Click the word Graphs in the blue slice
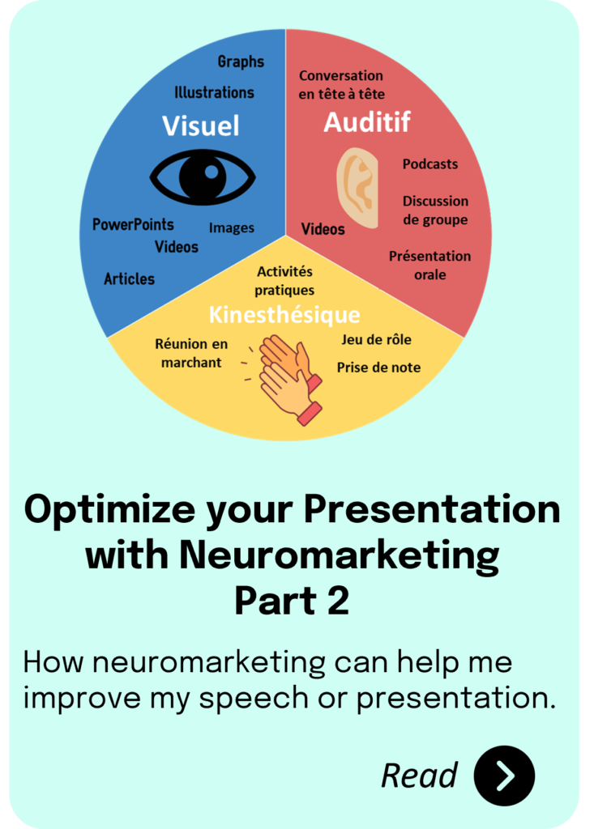pyautogui.click(x=241, y=62)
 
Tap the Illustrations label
pyautogui.click(x=215, y=92)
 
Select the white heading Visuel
pyautogui.click(x=201, y=125)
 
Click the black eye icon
pyautogui.click(x=203, y=177)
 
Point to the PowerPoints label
pyautogui.click(x=133, y=224)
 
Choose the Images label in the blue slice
pyautogui.click(x=231, y=227)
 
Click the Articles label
pyautogui.click(x=129, y=278)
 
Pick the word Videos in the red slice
pyautogui.click(x=323, y=229)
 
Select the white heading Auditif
pyautogui.click(x=367, y=122)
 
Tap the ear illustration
pyautogui.click(x=358, y=188)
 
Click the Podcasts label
pyautogui.click(x=429, y=164)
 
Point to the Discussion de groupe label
pyautogui.click(x=435, y=210)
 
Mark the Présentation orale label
pyautogui.click(x=429, y=266)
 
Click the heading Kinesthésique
pyautogui.click(x=284, y=315)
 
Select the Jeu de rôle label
pyautogui.click(x=376, y=339)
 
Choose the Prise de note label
pyautogui.click(x=378, y=368)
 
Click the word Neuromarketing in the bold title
pyautogui.click(x=339, y=555)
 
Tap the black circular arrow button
pyautogui.click(x=504, y=776)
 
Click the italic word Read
pyautogui.click(x=419, y=776)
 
